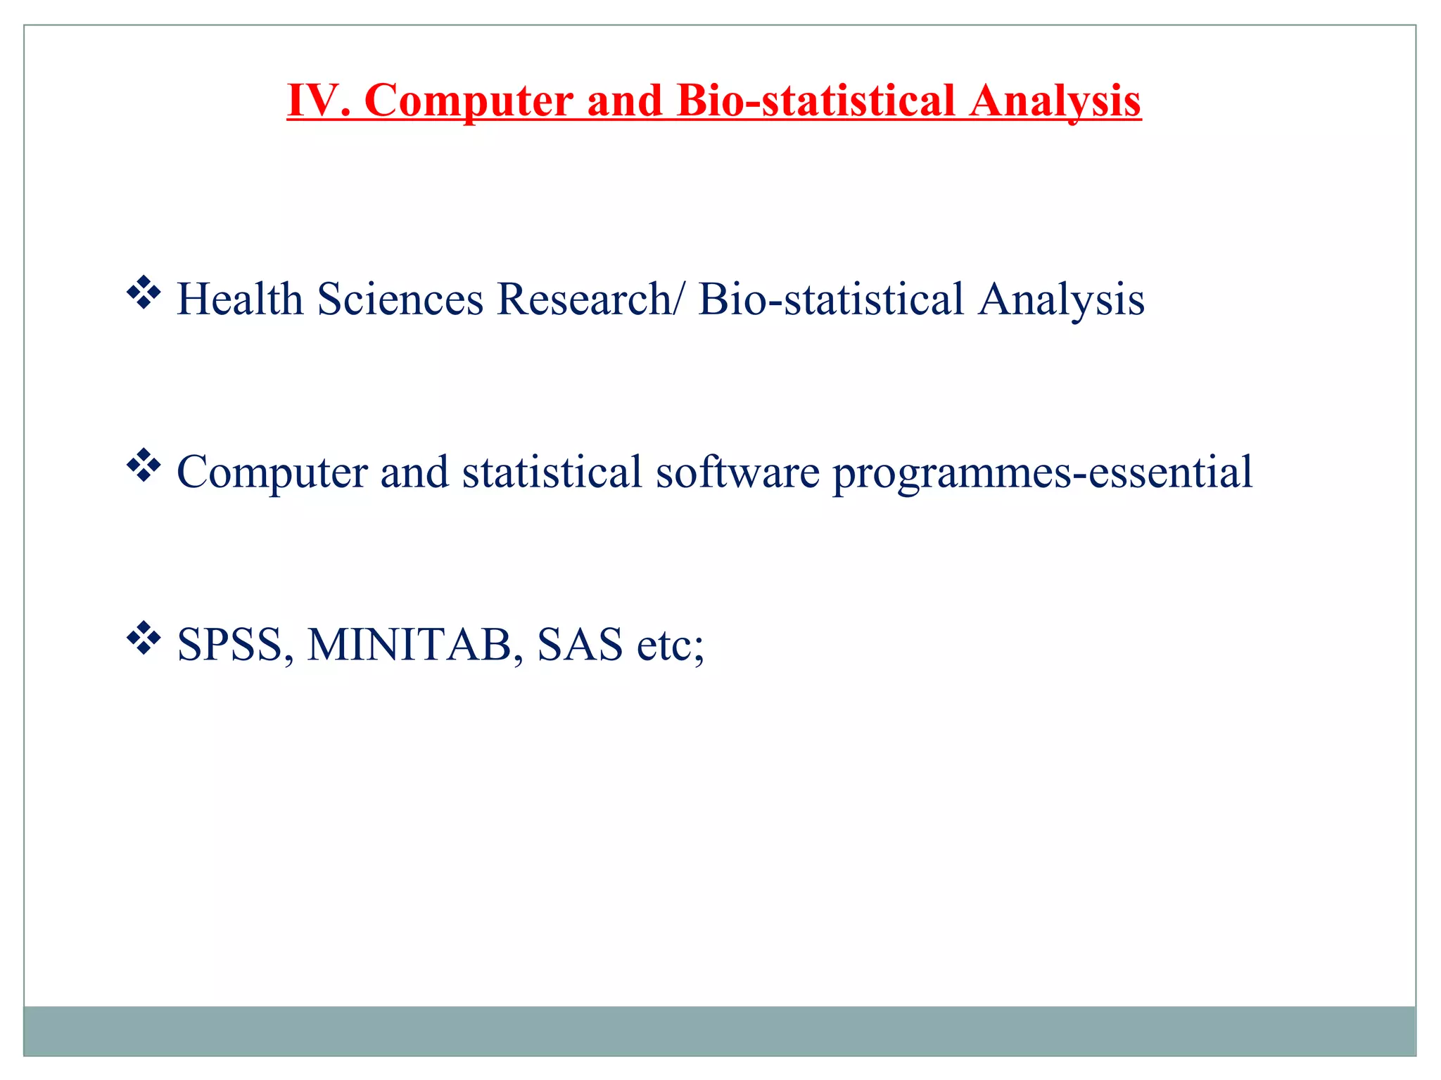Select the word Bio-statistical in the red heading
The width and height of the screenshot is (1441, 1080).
(x=815, y=101)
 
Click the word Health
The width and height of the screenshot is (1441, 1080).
(x=239, y=300)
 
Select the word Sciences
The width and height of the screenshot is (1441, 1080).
(x=400, y=300)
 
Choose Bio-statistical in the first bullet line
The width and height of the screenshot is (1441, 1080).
(x=830, y=300)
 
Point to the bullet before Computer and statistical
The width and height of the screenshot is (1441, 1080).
(x=144, y=465)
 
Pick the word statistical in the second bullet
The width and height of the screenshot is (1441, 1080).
(x=552, y=472)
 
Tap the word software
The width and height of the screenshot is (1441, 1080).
(x=737, y=472)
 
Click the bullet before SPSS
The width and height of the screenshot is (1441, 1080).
(x=144, y=638)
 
